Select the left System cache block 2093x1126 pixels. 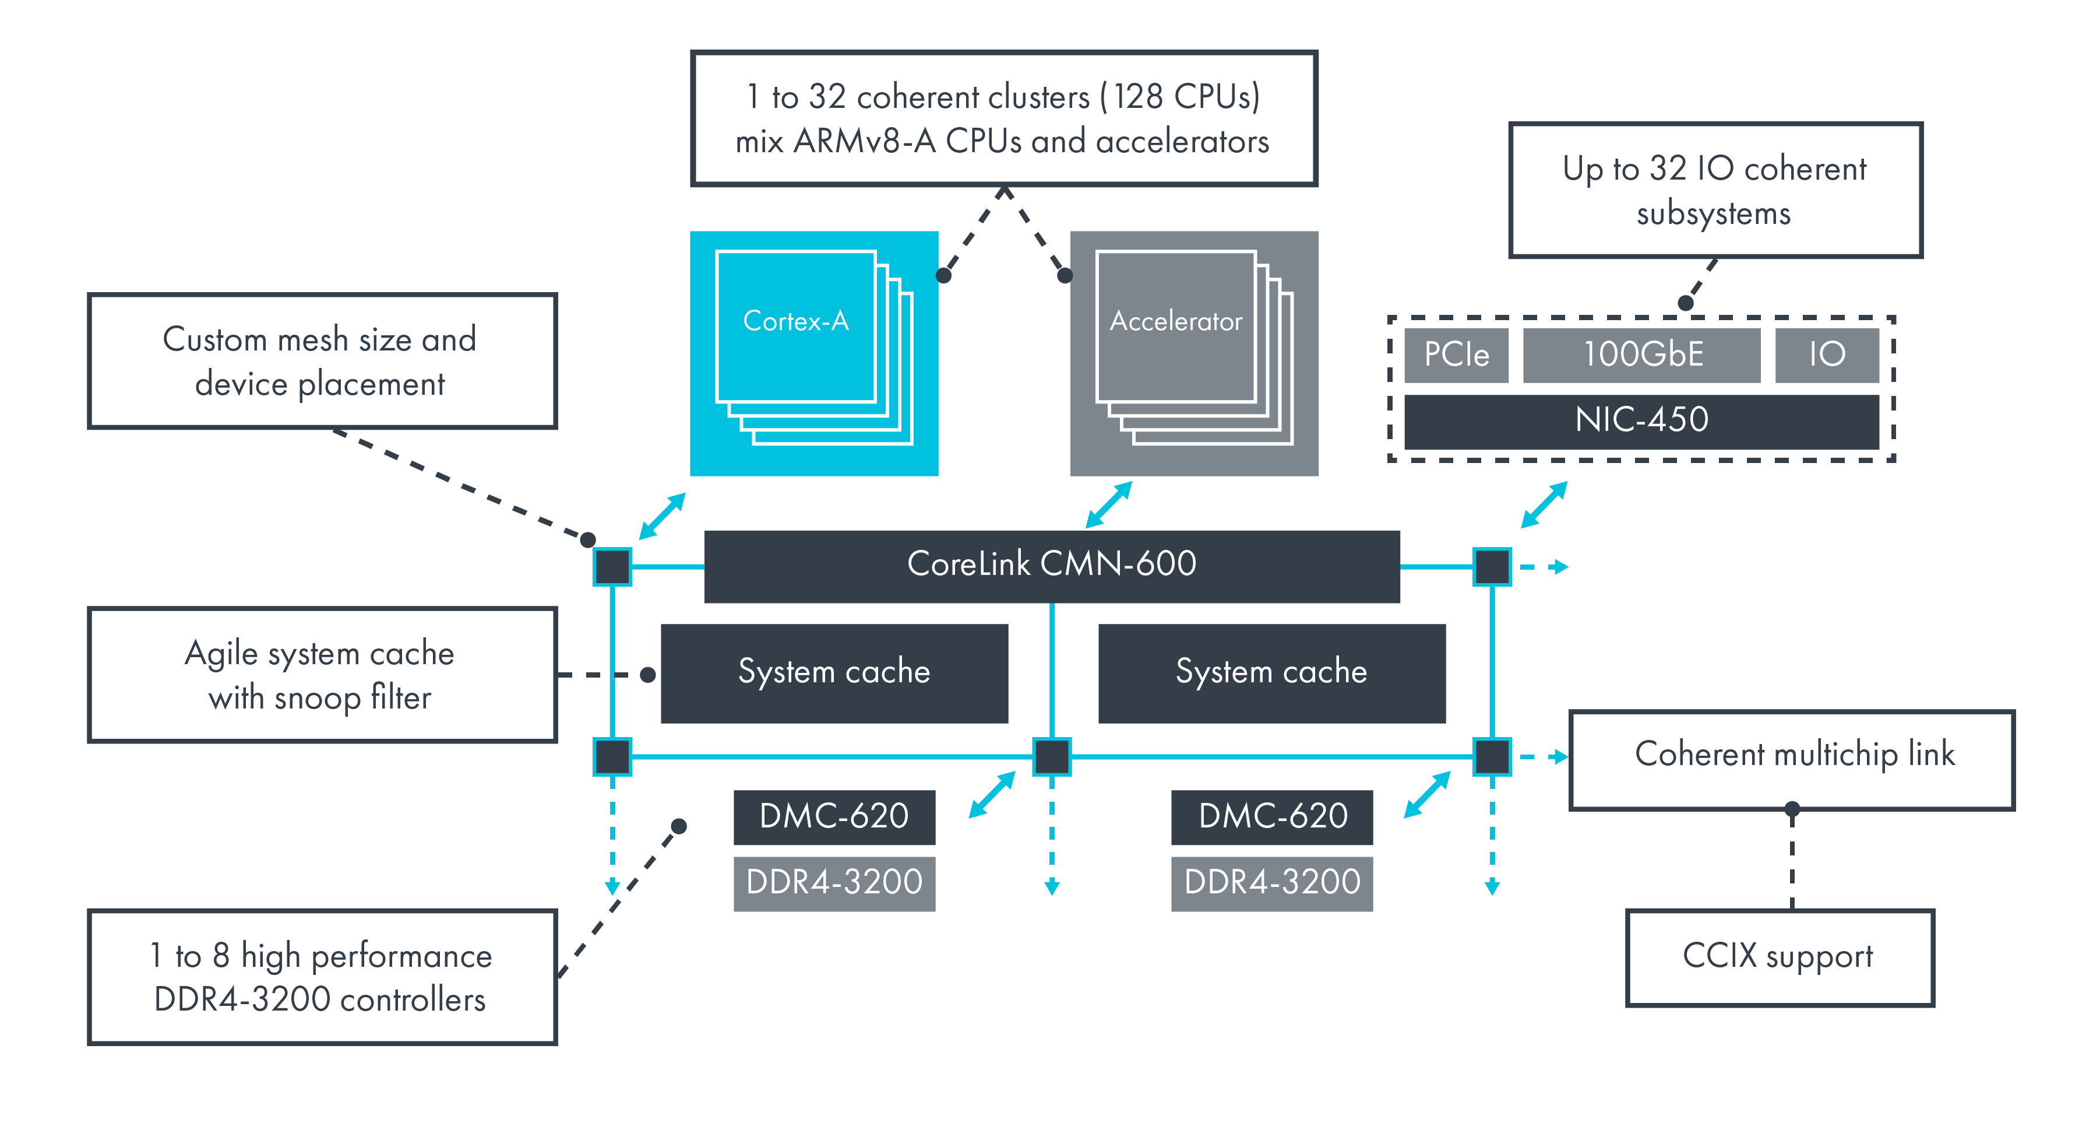(x=834, y=673)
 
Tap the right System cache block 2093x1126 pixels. (x=1271, y=673)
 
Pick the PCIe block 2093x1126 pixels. (x=1456, y=355)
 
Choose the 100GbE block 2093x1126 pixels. (x=1641, y=355)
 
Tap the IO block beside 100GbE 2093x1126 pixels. (x=1827, y=355)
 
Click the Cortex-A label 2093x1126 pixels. (x=795, y=322)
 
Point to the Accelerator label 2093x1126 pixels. (x=1176, y=322)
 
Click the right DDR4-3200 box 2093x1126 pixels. (x=1271, y=883)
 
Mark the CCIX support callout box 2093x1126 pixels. (x=1780, y=957)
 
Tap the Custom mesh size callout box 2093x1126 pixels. (x=322, y=361)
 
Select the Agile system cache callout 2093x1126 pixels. (x=322, y=675)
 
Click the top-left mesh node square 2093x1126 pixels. (x=612, y=567)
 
